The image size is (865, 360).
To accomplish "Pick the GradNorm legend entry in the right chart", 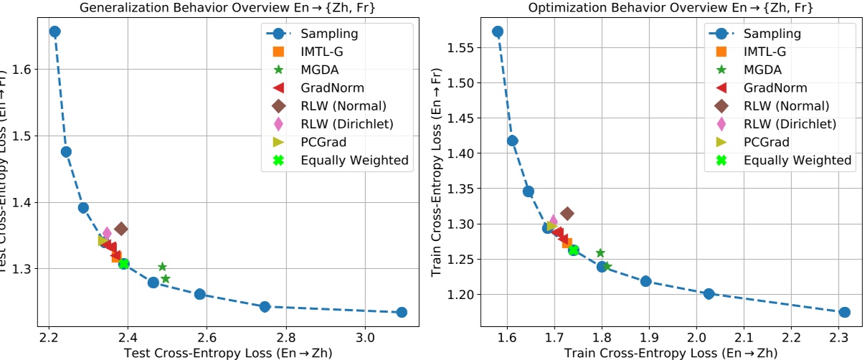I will point(775,87).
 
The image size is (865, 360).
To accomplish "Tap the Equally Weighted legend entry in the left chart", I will point(354,160).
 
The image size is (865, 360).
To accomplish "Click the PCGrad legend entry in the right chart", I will point(767,142).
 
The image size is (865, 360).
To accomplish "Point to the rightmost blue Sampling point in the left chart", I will point(402,312).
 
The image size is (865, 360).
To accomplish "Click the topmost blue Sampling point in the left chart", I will point(55,32).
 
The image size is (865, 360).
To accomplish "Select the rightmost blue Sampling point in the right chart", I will point(845,312).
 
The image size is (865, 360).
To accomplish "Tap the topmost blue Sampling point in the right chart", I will point(498,32).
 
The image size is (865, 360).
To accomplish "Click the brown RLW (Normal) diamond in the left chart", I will point(121,229).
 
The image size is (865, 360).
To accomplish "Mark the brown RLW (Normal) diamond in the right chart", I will point(567,213).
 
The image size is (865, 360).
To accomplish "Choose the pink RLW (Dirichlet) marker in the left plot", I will point(107,232).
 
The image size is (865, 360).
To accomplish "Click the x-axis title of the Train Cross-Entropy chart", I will point(671,352).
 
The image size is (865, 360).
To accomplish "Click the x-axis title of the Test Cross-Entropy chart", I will point(228,352).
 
